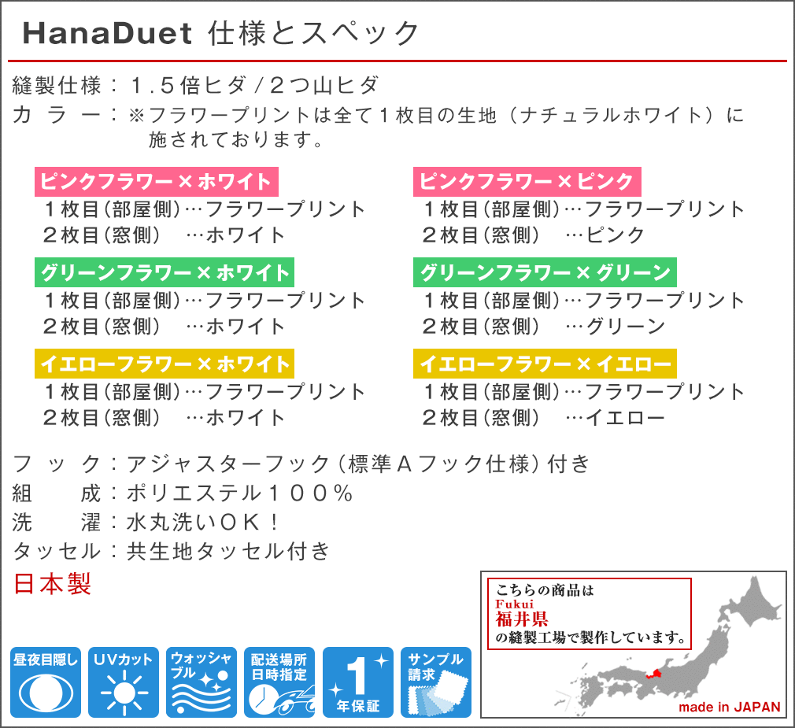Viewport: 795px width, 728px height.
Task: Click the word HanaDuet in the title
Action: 108,34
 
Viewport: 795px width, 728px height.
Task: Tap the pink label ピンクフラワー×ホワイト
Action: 156,182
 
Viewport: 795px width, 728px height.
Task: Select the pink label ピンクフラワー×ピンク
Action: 527,182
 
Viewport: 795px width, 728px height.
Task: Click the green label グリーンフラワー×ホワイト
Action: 165,273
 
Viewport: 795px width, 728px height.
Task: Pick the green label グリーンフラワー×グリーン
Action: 545,273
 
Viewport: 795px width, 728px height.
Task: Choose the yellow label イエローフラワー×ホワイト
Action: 165,364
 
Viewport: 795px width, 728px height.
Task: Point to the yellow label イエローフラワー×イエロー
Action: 545,364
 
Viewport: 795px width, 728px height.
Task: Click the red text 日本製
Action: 52,583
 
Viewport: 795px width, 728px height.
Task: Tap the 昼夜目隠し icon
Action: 46,682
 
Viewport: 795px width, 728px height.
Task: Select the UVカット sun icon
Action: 124,682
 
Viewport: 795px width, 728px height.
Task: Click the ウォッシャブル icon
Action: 202,682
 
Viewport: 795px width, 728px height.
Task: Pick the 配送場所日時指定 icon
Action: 279,682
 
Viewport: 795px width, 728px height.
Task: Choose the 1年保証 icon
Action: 358,682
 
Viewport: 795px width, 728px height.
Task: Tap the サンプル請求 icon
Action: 436,682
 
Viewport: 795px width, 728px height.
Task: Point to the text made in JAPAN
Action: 729,708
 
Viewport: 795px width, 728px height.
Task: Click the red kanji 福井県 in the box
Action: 522,619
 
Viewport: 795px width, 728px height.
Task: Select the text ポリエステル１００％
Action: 239,493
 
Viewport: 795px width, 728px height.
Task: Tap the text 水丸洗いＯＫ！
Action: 202,522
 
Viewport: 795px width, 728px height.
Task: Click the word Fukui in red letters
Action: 515,604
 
